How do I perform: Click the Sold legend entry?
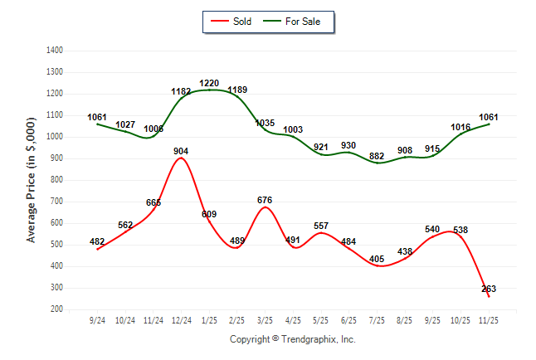click(233, 22)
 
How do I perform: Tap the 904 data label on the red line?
click(181, 151)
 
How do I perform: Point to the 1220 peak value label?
click(209, 83)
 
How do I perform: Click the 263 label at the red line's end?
click(489, 289)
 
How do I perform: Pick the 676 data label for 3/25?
click(265, 200)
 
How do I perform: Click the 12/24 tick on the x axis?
click(181, 320)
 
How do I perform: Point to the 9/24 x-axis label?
click(97, 320)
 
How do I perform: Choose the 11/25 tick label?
click(489, 320)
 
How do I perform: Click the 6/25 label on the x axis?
click(348, 320)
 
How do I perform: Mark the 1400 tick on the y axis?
click(55, 51)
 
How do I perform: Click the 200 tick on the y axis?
click(57, 309)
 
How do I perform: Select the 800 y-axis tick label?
click(57, 180)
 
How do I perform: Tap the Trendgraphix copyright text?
click(292, 339)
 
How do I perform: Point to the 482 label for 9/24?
click(97, 241)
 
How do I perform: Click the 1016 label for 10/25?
click(460, 128)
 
